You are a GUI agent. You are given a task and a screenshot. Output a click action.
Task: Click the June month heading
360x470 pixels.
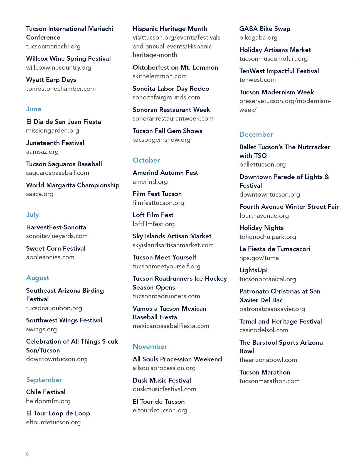(x=34, y=109)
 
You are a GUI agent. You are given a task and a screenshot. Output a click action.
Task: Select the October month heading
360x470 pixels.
(x=146, y=160)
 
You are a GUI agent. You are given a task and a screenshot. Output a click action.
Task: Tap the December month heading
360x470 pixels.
(x=256, y=134)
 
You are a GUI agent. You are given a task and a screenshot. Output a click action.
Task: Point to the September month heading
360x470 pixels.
(x=44, y=380)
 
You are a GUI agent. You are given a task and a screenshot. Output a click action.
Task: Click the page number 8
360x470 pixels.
(x=27, y=454)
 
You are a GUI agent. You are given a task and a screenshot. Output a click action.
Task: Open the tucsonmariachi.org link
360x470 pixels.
(x=53, y=46)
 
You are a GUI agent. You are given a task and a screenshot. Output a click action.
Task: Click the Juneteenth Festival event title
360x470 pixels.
(x=55, y=143)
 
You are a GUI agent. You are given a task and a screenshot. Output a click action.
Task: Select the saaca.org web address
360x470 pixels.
(x=40, y=194)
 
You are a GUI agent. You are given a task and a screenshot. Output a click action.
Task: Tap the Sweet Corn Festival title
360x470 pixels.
(x=56, y=249)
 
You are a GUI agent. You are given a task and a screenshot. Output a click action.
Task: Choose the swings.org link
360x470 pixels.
(x=41, y=329)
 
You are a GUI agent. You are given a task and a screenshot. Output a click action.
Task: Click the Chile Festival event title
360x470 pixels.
(x=46, y=392)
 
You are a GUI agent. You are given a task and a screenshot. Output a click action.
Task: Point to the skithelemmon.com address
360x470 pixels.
(x=160, y=76)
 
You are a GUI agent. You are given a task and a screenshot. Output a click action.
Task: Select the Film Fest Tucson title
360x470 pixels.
(x=157, y=194)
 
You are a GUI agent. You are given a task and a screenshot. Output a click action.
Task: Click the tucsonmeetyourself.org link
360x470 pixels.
(x=166, y=266)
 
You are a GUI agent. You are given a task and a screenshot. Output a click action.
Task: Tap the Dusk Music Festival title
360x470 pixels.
(x=162, y=381)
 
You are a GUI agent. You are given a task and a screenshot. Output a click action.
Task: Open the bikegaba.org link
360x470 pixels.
(x=258, y=38)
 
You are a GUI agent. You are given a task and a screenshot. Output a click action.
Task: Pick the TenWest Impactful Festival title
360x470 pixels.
(x=279, y=71)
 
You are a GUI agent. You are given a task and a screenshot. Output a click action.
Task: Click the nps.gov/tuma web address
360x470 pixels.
(x=259, y=258)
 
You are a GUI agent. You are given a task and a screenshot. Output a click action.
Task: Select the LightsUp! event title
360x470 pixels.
(x=253, y=270)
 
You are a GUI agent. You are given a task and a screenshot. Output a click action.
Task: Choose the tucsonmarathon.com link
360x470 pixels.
(x=269, y=381)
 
